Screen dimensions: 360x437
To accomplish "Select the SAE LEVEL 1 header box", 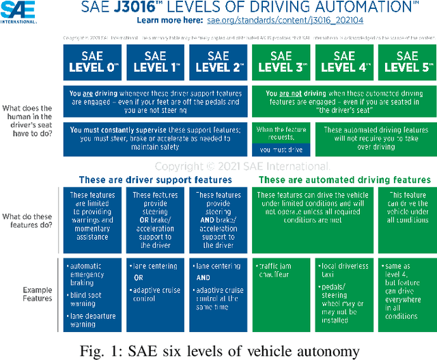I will click(x=156, y=61).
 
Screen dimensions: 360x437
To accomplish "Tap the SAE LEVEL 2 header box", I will click(x=218, y=61).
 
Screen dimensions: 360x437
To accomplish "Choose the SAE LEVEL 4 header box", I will click(x=345, y=61).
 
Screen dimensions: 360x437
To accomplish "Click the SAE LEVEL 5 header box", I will click(x=408, y=61).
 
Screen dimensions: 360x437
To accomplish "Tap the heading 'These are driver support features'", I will click(x=155, y=180).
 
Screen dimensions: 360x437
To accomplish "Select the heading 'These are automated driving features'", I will click(x=345, y=180).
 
